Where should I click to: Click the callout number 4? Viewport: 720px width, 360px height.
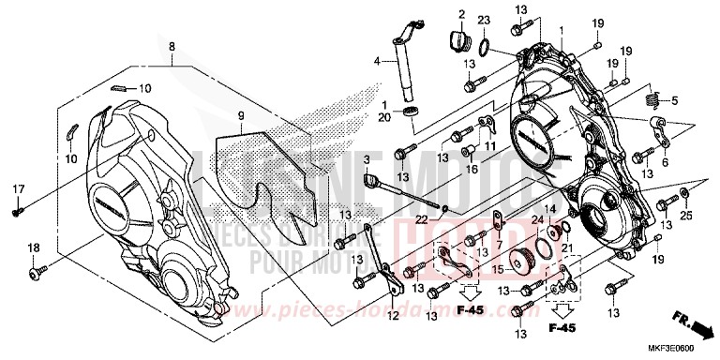(x=377, y=62)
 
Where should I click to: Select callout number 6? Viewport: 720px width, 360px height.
(x=667, y=163)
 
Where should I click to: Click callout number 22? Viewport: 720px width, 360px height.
(x=422, y=219)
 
